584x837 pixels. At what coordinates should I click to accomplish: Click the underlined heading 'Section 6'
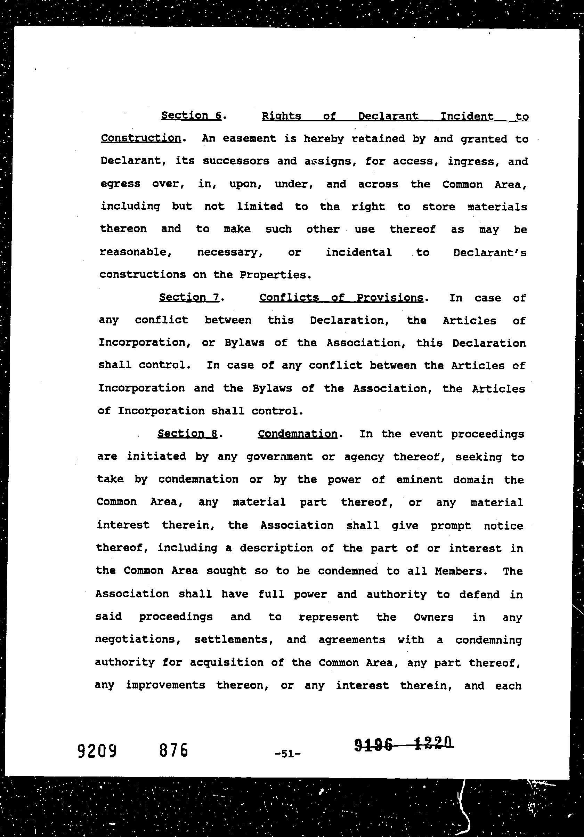pos(191,115)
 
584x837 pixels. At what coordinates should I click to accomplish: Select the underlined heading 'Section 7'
pos(189,297)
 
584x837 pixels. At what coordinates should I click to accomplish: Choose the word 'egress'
pos(120,184)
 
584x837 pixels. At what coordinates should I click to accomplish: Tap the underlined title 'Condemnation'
pos(297,434)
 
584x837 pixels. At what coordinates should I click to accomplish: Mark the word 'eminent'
pos(419,480)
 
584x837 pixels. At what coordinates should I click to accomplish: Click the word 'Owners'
pos(433,617)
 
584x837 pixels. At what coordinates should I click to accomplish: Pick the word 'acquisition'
pos(226,662)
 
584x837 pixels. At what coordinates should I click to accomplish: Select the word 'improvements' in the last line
pos(165,685)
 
